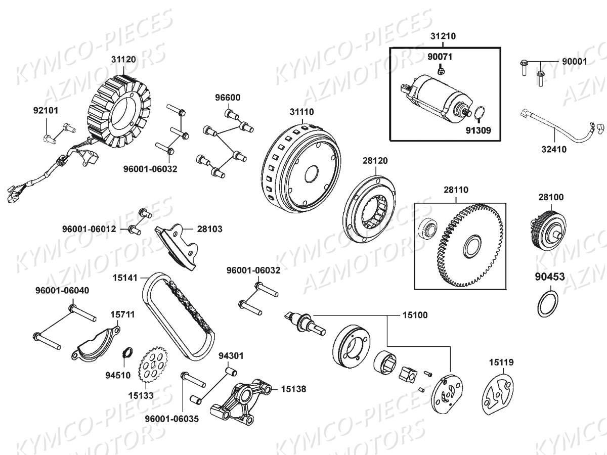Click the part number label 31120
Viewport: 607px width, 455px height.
[x=123, y=59]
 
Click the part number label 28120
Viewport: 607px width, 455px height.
[x=375, y=161]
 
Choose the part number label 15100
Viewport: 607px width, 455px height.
[x=415, y=315]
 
